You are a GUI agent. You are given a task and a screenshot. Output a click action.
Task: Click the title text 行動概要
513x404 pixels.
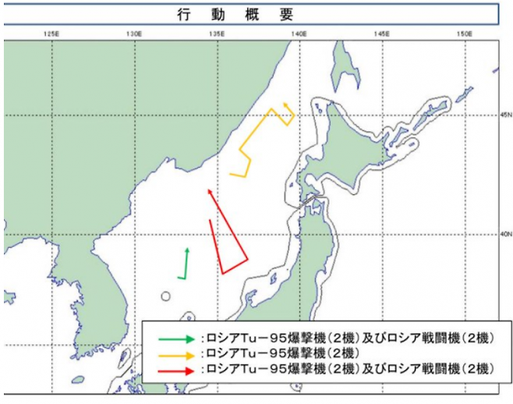256,14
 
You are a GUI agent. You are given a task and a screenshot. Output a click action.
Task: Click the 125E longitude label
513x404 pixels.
51,34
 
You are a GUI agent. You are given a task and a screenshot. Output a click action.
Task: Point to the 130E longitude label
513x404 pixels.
134,34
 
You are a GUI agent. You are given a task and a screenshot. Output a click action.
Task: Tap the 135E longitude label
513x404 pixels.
217,34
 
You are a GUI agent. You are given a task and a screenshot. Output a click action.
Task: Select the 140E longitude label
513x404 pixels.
299,34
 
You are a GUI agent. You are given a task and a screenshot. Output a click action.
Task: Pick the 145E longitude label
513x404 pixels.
382,34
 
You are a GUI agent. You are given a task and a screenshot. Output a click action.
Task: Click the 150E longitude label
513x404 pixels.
464,34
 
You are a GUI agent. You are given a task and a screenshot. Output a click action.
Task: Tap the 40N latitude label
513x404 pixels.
504,232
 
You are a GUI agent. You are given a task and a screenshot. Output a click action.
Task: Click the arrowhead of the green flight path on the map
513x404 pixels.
187,250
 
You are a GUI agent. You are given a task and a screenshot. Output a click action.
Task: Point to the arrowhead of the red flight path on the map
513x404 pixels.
207,190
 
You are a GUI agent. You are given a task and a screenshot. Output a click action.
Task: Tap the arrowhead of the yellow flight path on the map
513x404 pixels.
286,105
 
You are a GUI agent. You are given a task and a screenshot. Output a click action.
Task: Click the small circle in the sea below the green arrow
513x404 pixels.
165,296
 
